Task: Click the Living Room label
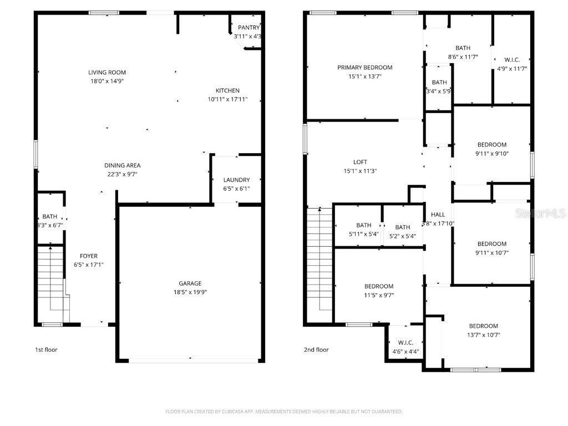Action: click(107, 73)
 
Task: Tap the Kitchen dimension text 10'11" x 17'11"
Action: click(227, 100)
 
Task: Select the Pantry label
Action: click(248, 28)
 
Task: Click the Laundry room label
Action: click(236, 180)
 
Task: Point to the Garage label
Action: click(190, 283)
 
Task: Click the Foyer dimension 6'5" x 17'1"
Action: click(89, 265)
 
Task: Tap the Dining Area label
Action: click(122, 165)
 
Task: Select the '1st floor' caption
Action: click(46, 350)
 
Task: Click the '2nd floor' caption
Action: click(316, 350)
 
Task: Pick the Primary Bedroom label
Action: click(364, 68)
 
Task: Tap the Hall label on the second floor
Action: click(438, 215)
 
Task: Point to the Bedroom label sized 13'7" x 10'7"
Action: click(483, 326)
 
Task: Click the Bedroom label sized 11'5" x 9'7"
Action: click(379, 287)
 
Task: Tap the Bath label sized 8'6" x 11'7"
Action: click(463, 48)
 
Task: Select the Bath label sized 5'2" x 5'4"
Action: click(402, 227)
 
